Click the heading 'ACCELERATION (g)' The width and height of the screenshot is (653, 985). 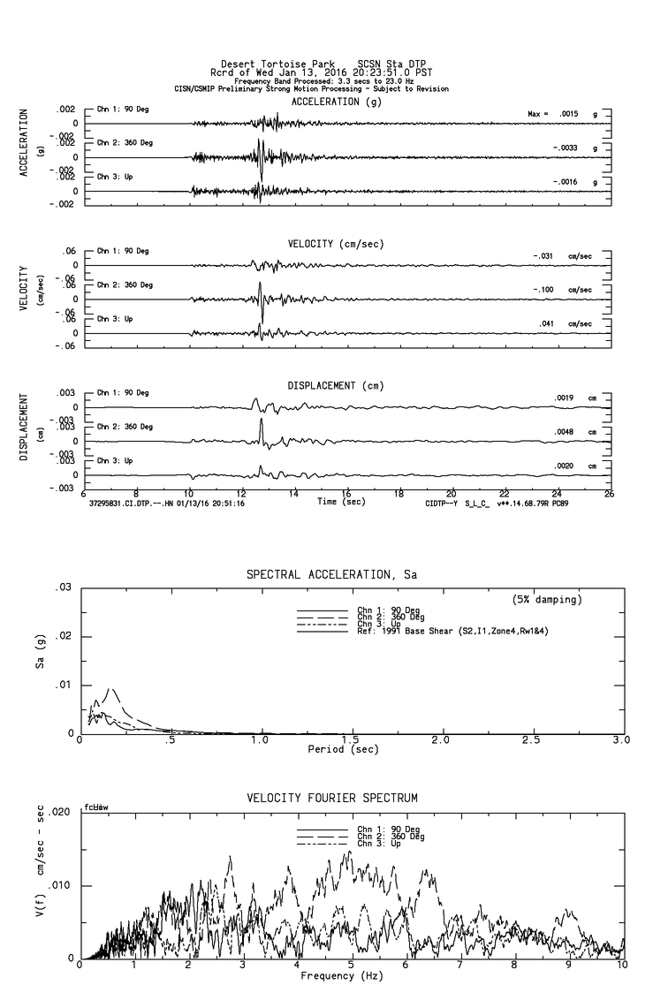point(338,102)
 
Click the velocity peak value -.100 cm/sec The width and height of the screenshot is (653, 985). point(545,290)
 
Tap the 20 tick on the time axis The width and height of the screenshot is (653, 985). point(452,494)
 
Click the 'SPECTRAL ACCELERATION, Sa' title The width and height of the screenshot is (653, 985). point(331,574)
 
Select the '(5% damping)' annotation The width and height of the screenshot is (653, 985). point(547,600)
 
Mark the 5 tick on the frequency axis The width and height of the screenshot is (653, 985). point(352,966)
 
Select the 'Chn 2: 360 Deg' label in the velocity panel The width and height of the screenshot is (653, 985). point(125,284)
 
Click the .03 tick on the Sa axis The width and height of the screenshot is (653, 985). point(64,587)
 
